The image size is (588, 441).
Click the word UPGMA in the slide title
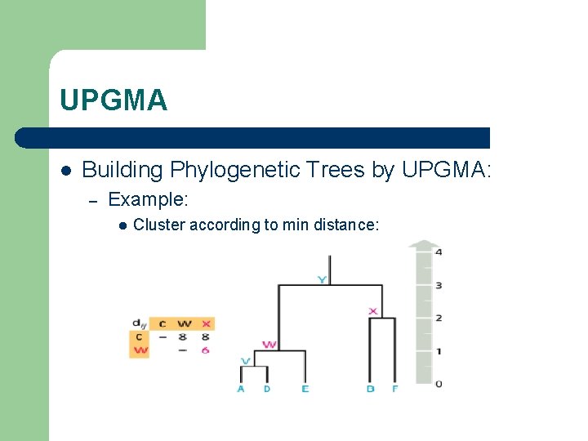pyautogui.click(x=114, y=100)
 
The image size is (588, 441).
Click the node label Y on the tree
pyautogui.click(x=323, y=279)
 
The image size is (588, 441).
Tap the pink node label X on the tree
pyautogui.click(x=373, y=311)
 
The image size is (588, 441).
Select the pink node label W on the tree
pyautogui.click(x=270, y=345)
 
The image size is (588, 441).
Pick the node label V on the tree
pyautogui.click(x=246, y=360)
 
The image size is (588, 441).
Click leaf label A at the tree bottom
pyautogui.click(x=241, y=389)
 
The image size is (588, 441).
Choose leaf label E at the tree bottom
pyautogui.click(x=305, y=389)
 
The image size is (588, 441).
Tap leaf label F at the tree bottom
pyautogui.click(x=394, y=389)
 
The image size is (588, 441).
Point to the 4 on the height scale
pyautogui.click(x=439, y=252)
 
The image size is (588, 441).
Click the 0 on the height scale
pyautogui.click(x=439, y=383)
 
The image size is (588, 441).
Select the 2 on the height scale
pyautogui.click(x=439, y=318)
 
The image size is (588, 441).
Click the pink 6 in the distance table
pyautogui.click(x=206, y=350)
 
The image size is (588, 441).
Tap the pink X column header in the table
pyautogui.click(x=206, y=324)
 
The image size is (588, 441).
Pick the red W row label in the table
pyautogui.click(x=140, y=350)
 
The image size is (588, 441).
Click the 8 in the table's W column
pyautogui.click(x=184, y=336)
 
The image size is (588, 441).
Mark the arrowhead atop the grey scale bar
pyautogui.click(x=424, y=243)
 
